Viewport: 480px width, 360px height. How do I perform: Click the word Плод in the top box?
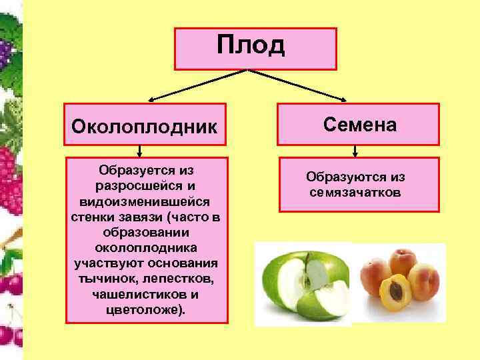click(x=251, y=45)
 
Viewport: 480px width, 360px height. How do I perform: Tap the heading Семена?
click(x=360, y=124)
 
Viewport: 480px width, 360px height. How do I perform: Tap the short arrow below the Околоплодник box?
click(x=145, y=151)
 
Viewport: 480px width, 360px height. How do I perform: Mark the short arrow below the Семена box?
click(x=360, y=150)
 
